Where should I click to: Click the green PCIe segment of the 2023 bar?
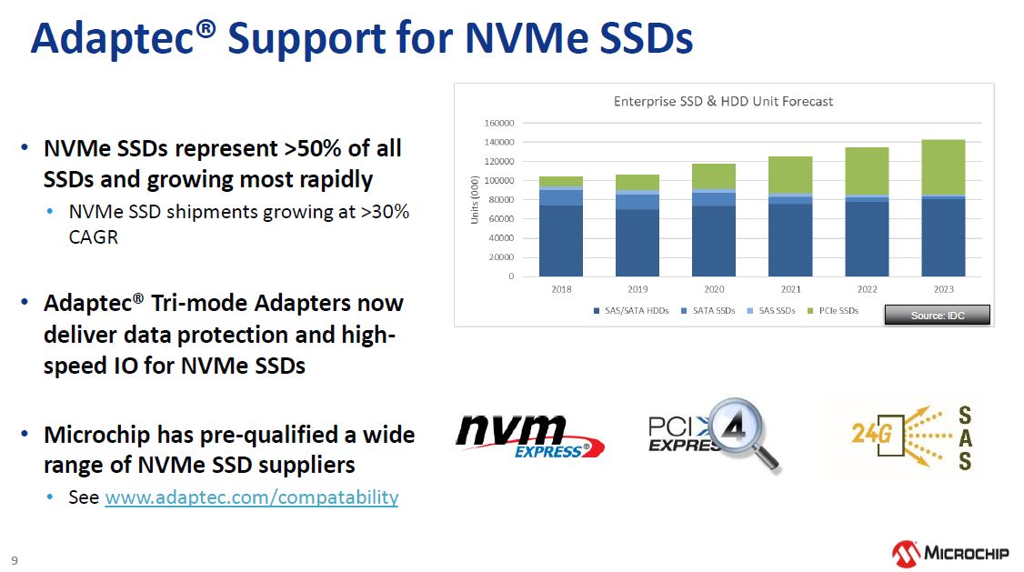tap(943, 167)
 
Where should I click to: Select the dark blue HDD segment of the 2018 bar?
tap(561, 241)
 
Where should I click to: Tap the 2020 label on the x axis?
tap(714, 289)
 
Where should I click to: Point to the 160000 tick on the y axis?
tap(499, 123)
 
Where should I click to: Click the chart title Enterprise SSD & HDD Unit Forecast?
tap(723, 101)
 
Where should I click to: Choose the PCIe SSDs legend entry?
tap(833, 311)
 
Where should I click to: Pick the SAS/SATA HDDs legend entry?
tap(631, 311)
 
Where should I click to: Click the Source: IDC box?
tap(937, 316)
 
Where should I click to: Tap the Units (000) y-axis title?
tap(475, 200)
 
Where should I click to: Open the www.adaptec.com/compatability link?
tap(251, 497)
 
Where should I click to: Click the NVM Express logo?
tap(529, 436)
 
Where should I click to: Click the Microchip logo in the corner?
tap(950, 554)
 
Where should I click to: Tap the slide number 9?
tap(15, 560)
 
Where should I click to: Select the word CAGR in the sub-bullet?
tap(94, 237)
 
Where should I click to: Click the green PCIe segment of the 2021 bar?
tap(790, 175)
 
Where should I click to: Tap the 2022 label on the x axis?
tap(868, 289)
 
